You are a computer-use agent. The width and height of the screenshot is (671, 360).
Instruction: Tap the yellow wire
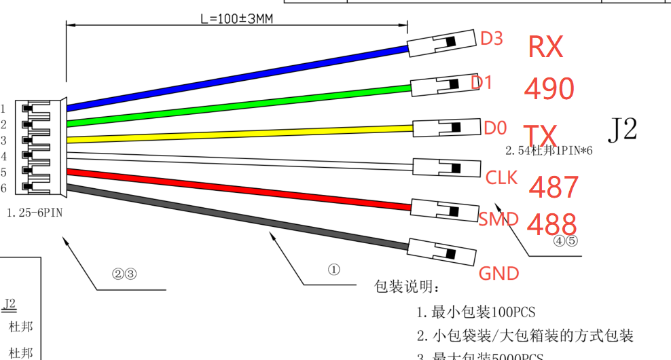(x=238, y=133)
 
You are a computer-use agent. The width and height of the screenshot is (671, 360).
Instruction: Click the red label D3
(x=492, y=39)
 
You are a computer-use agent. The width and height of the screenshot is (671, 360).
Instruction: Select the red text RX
(x=545, y=47)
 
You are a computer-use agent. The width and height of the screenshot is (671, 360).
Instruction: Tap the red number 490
(x=549, y=88)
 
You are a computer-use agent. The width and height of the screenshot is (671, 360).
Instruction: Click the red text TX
(x=541, y=133)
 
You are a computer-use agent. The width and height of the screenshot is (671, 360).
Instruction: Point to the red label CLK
(x=502, y=178)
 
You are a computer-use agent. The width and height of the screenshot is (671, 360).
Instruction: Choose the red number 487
(x=554, y=187)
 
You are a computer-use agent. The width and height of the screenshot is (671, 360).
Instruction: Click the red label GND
(x=499, y=274)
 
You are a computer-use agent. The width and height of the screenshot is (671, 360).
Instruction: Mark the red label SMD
(x=499, y=219)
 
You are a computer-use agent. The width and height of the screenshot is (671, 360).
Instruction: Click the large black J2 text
(x=622, y=128)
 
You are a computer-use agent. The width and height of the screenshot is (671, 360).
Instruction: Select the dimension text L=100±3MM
(x=236, y=18)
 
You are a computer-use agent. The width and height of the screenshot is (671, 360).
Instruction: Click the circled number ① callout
(x=333, y=270)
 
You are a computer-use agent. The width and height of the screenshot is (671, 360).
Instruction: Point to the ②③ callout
(x=124, y=274)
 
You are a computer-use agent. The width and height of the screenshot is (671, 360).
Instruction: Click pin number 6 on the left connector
(x=4, y=188)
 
